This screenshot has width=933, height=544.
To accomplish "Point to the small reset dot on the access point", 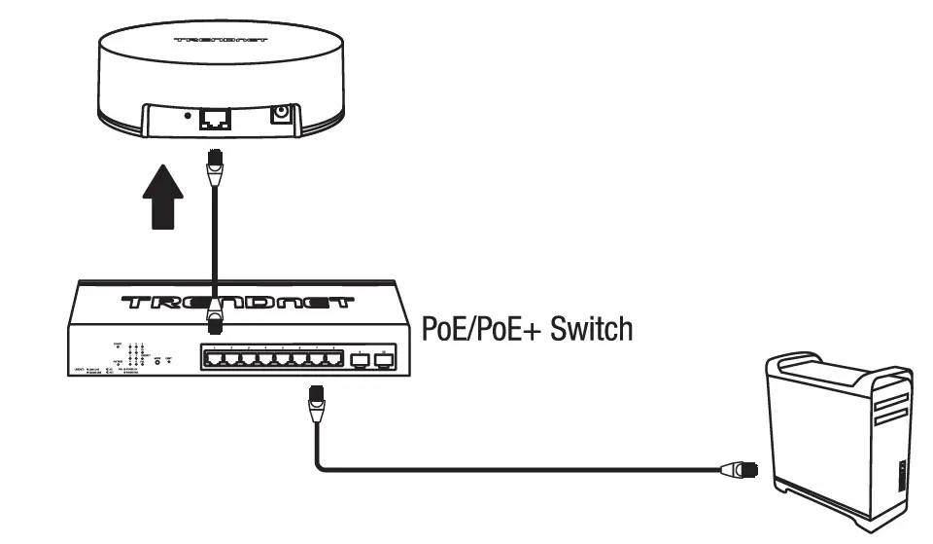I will click(x=186, y=115).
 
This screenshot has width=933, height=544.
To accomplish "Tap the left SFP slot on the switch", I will click(x=359, y=360).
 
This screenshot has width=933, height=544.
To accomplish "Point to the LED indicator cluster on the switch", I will click(x=136, y=355).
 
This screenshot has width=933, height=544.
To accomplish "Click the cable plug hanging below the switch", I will click(x=316, y=400).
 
